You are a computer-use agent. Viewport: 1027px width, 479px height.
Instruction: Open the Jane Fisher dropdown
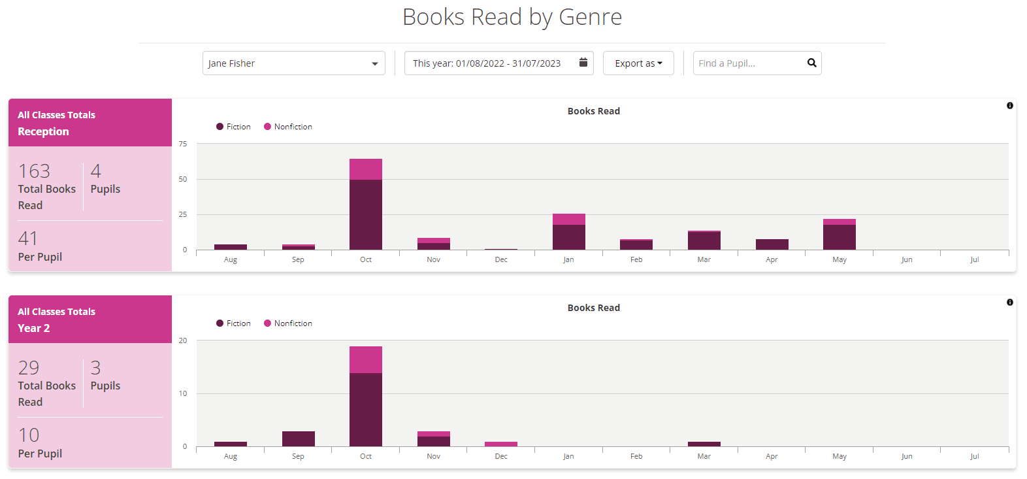(x=293, y=63)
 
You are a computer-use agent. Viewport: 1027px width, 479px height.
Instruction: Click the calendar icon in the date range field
(x=583, y=63)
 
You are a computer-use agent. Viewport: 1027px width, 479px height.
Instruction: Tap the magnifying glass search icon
(x=811, y=63)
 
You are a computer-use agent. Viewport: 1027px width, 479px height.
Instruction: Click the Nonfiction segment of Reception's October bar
(x=366, y=169)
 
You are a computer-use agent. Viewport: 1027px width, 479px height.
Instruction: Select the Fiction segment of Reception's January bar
(x=569, y=237)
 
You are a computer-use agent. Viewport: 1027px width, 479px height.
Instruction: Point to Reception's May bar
(x=840, y=235)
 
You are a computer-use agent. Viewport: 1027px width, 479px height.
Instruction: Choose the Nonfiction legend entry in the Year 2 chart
(x=288, y=323)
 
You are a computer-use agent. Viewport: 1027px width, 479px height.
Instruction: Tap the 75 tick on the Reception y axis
(x=183, y=144)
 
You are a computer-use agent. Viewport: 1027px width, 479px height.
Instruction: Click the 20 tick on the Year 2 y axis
(x=183, y=340)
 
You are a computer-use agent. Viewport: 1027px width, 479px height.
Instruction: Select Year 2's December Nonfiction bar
(x=501, y=444)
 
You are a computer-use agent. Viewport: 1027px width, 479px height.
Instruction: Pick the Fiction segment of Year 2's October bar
(x=366, y=410)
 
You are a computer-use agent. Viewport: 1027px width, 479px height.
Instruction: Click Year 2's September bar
(x=299, y=439)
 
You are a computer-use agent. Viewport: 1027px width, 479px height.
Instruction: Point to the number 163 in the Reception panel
(x=34, y=171)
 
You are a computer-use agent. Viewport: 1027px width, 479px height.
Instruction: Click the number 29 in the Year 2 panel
(x=29, y=368)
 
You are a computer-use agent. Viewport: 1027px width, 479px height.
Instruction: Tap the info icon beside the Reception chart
(x=1010, y=106)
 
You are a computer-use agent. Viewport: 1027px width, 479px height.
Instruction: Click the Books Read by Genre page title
(x=512, y=17)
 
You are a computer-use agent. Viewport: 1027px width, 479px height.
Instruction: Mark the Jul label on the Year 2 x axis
(x=974, y=456)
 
